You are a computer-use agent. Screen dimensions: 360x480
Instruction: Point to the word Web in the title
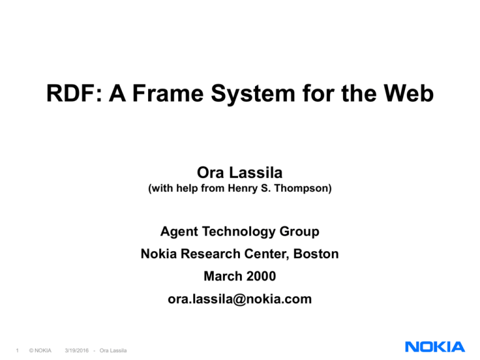click(x=407, y=96)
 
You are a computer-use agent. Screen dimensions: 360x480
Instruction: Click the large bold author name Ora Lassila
click(x=239, y=171)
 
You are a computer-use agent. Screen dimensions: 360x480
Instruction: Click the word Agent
click(x=178, y=232)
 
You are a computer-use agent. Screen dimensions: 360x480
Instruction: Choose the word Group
click(x=301, y=232)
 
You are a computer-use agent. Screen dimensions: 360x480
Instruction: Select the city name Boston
click(x=317, y=254)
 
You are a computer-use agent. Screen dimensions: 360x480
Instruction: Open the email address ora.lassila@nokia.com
click(x=239, y=299)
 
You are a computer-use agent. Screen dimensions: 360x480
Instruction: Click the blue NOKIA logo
click(x=434, y=346)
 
